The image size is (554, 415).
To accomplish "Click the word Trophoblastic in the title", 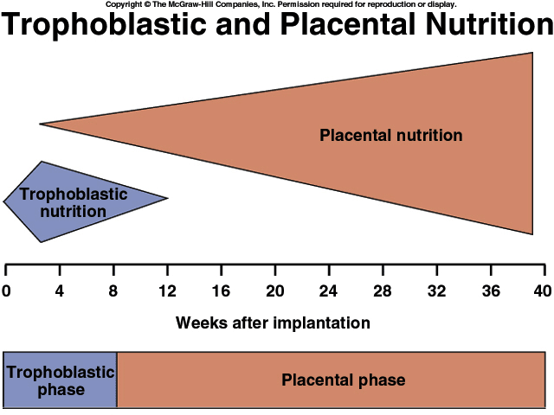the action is tap(104, 24).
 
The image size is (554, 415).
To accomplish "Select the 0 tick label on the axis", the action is tap(6, 291).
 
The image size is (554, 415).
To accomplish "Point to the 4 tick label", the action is tap(60, 291).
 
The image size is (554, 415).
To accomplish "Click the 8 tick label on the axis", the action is tap(113, 291).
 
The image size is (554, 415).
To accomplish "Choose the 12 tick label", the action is tap(167, 291).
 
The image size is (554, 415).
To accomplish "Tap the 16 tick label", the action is tap(222, 291).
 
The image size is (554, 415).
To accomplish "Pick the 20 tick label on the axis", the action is tap(275, 291).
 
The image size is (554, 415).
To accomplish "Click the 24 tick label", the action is tap(329, 291).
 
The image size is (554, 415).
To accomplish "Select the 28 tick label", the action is tap(383, 291).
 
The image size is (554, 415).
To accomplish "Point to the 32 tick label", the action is tap(436, 291).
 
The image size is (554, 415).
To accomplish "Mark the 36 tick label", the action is tap(491, 291).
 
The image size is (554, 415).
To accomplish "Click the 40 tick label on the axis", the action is tap(543, 291).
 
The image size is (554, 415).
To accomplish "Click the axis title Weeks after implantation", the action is tap(273, 322).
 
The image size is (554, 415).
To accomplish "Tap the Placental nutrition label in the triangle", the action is tap(391, 136).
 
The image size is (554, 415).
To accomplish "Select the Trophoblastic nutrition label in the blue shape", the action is tap(73, 203).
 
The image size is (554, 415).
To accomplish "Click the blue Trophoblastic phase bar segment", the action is tap(60, 380).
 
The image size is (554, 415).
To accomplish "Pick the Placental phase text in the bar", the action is tap(344, 380).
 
